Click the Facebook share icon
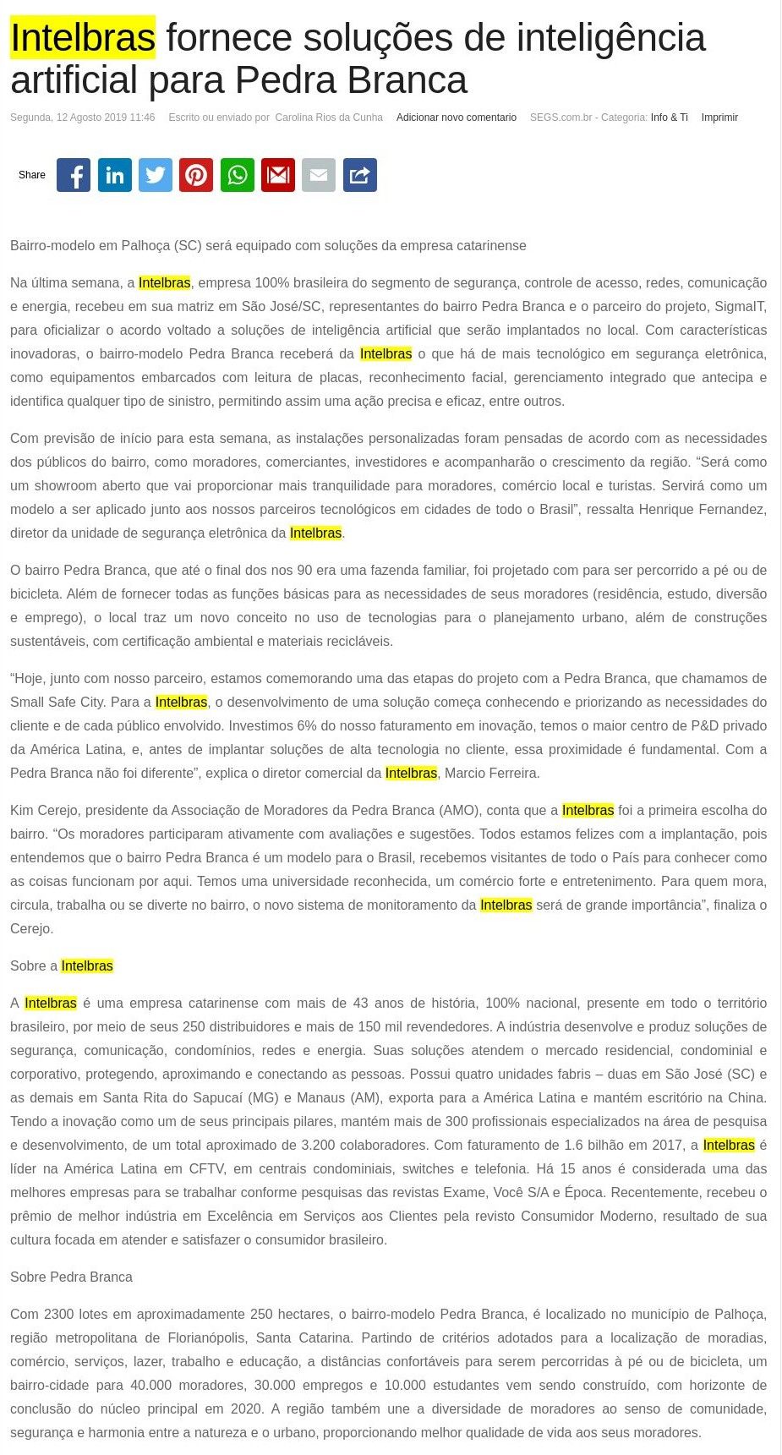tap(74, 175)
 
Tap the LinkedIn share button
tap(115, 175)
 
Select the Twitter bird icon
tap(156, 175)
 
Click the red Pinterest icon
tap(196, 175)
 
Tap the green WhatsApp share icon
tap(238, 175)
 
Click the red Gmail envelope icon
tap(278, 175)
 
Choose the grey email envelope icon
tap(319, 175)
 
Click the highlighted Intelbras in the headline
tap(83, 38)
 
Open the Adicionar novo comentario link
tap(456, 118)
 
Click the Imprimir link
tap(719, 118)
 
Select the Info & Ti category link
tap(669, 118)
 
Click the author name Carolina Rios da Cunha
tap(329, 118)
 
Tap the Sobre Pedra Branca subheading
tap(71, 1277)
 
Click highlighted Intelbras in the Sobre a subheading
tap(87, 965)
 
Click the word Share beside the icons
tap(32, 175)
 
